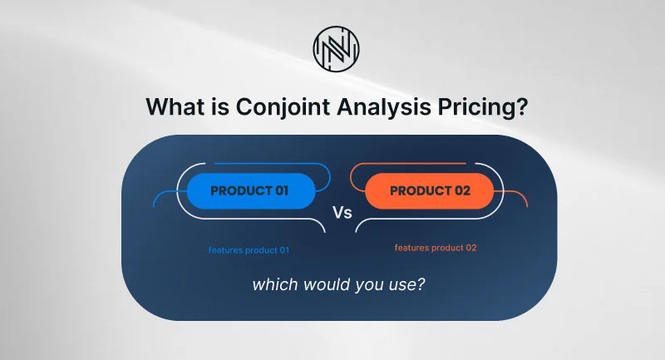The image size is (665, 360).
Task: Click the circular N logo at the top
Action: point(337,49)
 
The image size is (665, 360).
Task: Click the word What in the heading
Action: point(175,106)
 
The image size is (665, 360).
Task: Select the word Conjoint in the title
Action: point(283,107)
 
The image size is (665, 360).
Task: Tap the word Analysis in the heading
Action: point(384,107)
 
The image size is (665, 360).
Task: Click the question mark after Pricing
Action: point(522,106)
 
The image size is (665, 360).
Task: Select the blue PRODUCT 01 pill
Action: point(251,191)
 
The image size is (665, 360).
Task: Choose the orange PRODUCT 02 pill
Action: point(430,191)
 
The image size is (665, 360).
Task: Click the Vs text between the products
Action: point(342,213)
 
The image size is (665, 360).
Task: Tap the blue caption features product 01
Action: point(249,250)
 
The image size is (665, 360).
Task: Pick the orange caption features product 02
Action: point(436,248)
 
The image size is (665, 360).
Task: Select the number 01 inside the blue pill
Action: point(282,191)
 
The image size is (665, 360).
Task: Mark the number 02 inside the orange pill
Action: point(463,191)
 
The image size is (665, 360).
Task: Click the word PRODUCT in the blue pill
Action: point(241,191)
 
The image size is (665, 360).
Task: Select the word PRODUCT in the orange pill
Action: point(421,191)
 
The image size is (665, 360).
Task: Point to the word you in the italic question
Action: point(370,286)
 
